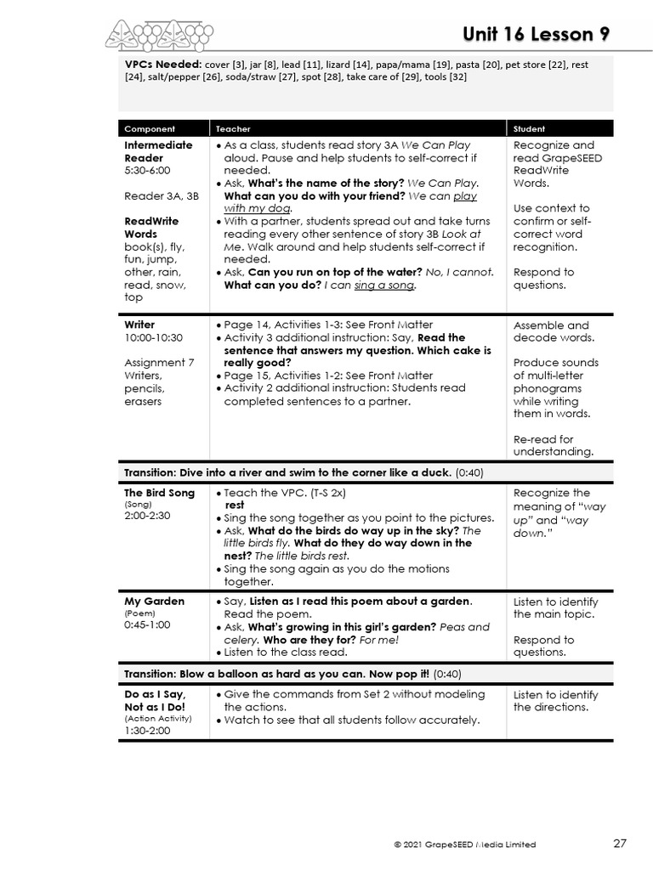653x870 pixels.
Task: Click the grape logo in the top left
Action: pos(159,36)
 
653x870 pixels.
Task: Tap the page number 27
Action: pos(620,844)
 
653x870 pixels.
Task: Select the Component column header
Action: pos(150,129)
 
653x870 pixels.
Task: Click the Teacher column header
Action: pos(233,129)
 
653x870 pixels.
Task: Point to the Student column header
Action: pos(529,129)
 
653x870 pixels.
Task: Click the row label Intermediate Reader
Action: pos(158,151)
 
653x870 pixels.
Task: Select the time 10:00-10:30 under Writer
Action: pos(153,337)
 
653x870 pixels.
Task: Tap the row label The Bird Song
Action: pos(159,493)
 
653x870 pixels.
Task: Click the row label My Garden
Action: pos(154,602)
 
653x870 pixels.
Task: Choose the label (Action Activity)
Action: pos(158,719)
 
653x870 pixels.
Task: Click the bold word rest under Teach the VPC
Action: pos(234,505)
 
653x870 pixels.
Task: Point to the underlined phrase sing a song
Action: pos(385,285)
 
